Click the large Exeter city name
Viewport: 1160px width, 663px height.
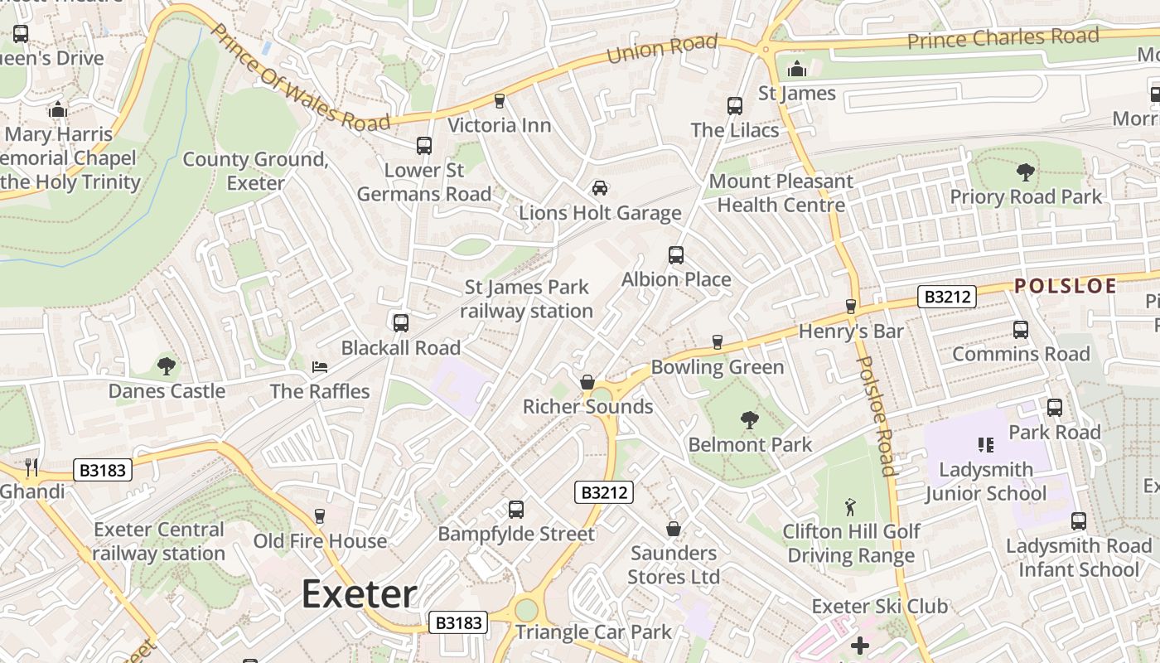(x=358, y=594)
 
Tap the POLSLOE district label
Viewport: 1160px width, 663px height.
(x=1065, y=286)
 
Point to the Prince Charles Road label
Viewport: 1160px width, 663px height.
(x=1003, y=38)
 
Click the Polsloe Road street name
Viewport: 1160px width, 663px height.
(x=876, y=416)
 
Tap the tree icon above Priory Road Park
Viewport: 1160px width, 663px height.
(x=1025, y=172)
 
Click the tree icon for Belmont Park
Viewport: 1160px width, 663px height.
(x=750, y=420)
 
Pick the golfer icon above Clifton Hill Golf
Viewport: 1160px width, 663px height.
(x=850, y=506)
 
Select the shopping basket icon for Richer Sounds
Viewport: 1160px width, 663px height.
(x=587, y=382)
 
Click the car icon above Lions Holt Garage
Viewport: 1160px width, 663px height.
(x=599, y=188)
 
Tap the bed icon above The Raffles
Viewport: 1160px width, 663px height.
(x=320, y=366)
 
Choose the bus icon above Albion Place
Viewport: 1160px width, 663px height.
(x=676, y=254)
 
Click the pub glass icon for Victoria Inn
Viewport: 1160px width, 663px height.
(x=499, y=101)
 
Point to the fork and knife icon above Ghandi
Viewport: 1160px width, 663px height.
(x=31, y=467)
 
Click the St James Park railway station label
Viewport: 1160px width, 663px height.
(x=527, y=299)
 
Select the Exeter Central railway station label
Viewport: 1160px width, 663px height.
(x=158, y=541)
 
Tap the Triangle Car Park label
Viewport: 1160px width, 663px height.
(x=593, y=632)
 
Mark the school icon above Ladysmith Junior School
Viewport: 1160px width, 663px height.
(x=985, y=445)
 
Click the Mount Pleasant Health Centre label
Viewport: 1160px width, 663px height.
(x=781, y=193)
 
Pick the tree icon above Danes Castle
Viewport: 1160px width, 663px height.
(x=167, y=365)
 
